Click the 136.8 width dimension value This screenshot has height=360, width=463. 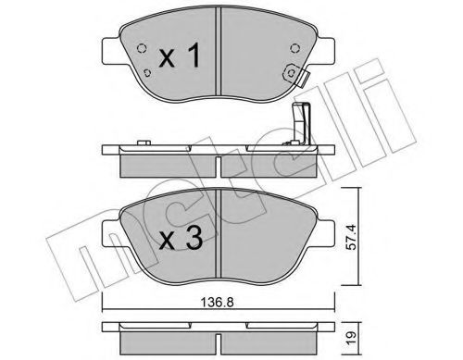coord(218,302)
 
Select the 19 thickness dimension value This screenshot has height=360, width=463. coord(350,335)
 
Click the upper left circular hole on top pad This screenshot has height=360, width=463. coord(142,48)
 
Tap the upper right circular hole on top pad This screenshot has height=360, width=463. coord(294,48)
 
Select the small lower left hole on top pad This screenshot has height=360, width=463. coord(147,72)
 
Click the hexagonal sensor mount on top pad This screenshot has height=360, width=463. coord(291,73)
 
